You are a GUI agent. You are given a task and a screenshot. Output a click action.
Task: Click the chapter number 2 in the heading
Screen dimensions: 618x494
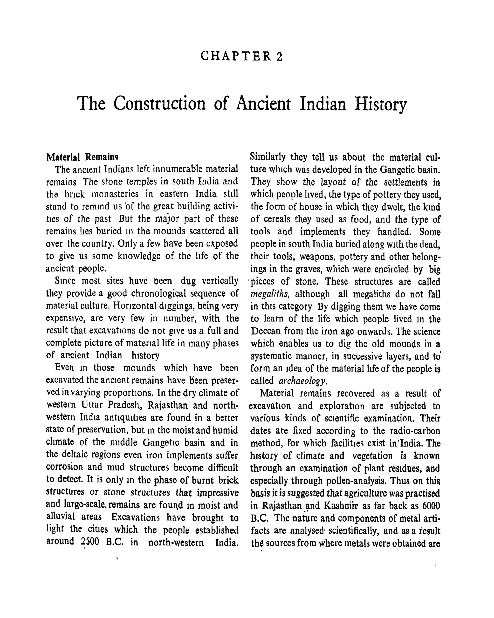coord(279,56)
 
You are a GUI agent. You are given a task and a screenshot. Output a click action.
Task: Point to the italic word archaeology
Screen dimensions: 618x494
coord(303,381)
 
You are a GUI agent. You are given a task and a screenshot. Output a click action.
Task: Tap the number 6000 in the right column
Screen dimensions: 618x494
coord(431,505)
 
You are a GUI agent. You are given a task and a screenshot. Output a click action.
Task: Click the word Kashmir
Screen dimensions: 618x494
coord(341,505)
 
